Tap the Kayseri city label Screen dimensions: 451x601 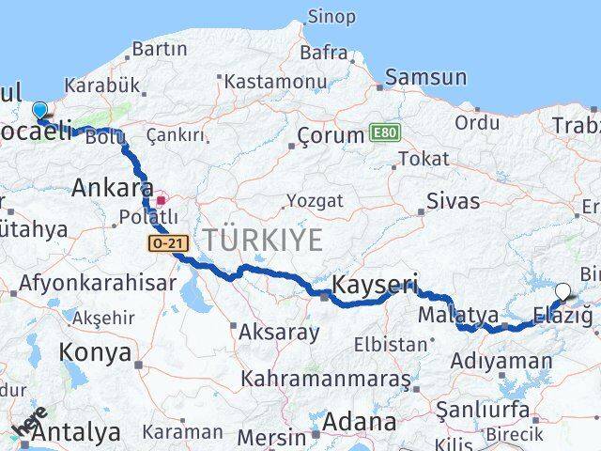coord(375,282)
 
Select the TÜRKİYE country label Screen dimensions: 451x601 coord(260,239)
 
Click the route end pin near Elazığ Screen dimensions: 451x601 coord(562,292)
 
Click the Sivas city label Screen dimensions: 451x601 coord(453,201)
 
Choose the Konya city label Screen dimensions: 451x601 coord(95,353)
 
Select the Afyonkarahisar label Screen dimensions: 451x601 coord(98,283)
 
